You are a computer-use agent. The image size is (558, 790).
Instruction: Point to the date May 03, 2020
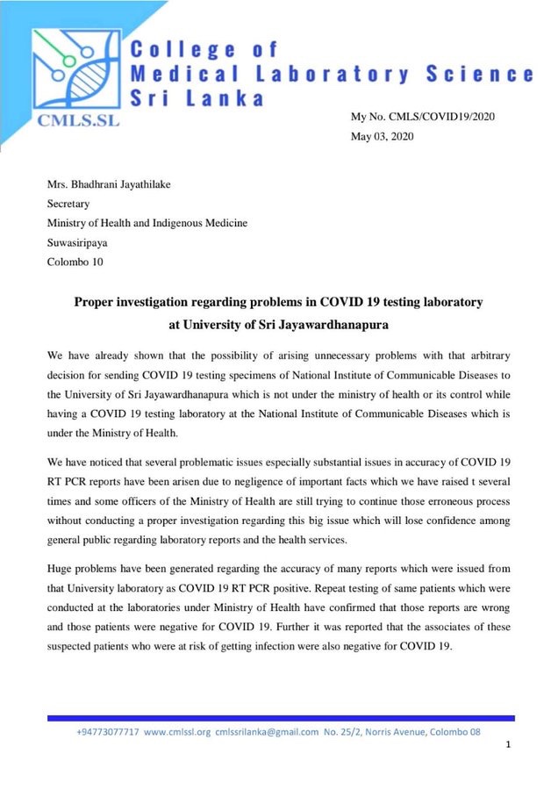[x=383, y=136]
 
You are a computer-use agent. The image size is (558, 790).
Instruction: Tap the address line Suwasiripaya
[x=82, y=241]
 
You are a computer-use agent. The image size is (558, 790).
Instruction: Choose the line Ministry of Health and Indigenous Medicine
[x=147, y=223]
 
